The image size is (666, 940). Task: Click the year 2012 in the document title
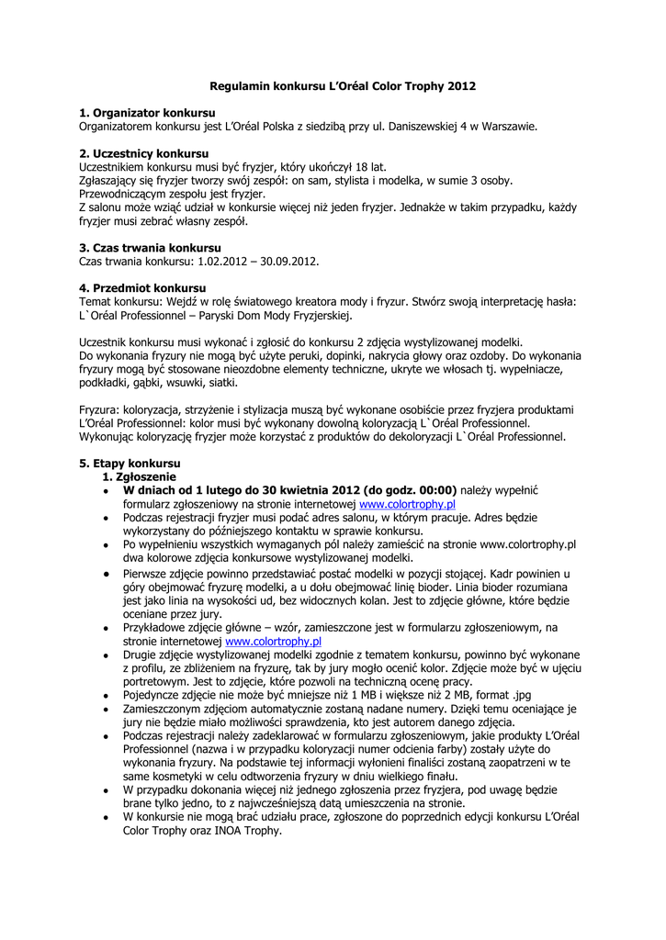pyautogui.click(x=462, y=85)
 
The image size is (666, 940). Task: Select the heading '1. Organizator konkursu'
pyautogui.click(x=147, y=112)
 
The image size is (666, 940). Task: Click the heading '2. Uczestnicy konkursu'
pyautogui.click(x=144, y=152)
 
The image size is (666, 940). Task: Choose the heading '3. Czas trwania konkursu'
pyautogui.click(x=150, y=248)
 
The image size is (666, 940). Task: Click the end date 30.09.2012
pyautogui.click(x=289, y=262)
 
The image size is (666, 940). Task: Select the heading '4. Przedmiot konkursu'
pyautogui.click(x=142, y=288)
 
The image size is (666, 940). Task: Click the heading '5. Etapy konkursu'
pyautogui.click(x=130, y=464)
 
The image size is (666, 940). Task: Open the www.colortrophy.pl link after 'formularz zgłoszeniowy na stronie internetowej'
pyautogui.click(x=408, y=504)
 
